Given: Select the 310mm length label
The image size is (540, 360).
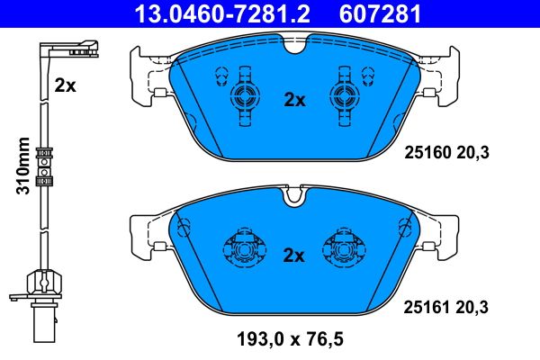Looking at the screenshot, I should click(x=24, y=166).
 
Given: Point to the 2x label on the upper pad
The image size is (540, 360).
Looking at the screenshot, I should click(x=294, y=100).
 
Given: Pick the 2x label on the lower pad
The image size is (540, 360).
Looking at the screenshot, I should click(x=294, y=256).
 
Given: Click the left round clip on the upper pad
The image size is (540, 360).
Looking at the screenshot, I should click(x=244, y=99).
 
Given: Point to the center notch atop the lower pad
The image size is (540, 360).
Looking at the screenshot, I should click(x=293, y=193).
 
